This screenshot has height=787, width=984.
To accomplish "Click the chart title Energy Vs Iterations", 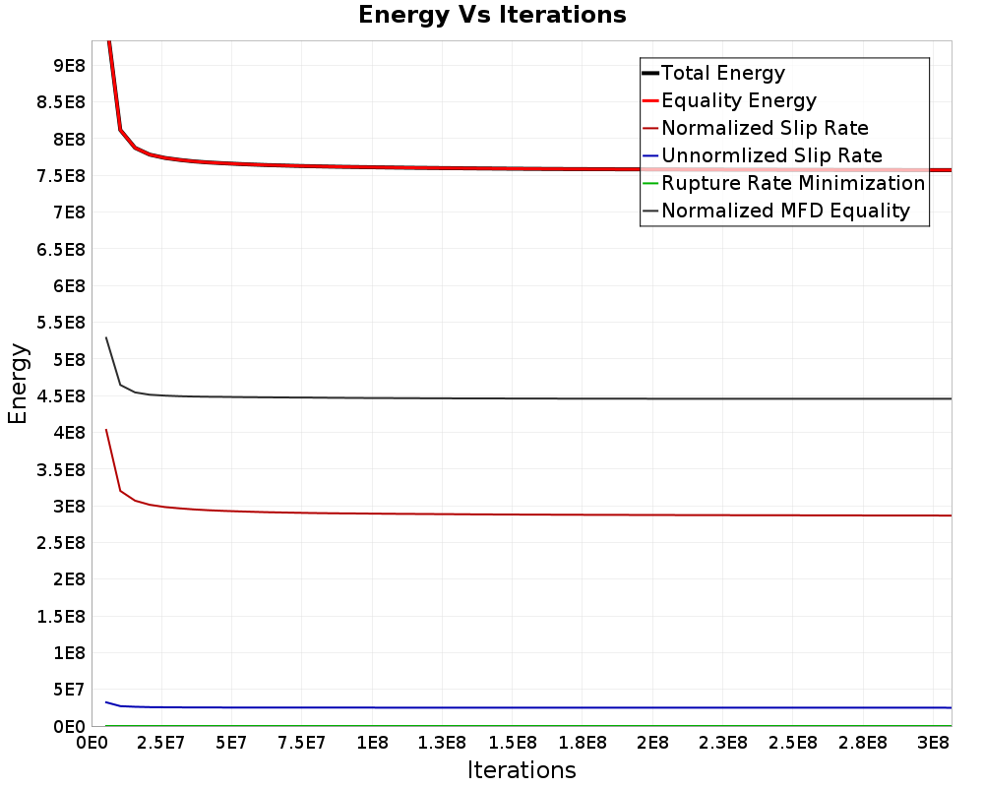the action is point(492,15).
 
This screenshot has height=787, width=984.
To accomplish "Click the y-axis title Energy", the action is point(18,384).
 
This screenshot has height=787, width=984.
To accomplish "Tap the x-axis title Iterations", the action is point(522,769).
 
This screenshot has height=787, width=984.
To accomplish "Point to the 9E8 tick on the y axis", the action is point(69,65).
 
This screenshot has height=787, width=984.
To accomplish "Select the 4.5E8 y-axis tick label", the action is point(61,396).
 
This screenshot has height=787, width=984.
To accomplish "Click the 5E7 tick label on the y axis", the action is point(69,690).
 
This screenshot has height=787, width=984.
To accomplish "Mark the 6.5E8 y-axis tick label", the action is point(61,249).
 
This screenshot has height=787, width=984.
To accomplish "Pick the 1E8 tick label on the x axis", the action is point(372,743).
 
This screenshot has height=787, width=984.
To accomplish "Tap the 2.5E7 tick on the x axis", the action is point(161,743).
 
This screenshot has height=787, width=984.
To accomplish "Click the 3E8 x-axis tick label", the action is point(933,743).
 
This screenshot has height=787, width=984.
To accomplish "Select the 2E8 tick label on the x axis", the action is point(652,743).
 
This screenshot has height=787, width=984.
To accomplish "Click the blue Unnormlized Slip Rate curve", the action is point(528,708).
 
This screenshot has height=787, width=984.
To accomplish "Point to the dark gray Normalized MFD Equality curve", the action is point(528,397).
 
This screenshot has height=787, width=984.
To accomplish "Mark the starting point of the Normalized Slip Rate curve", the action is point(106,430).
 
